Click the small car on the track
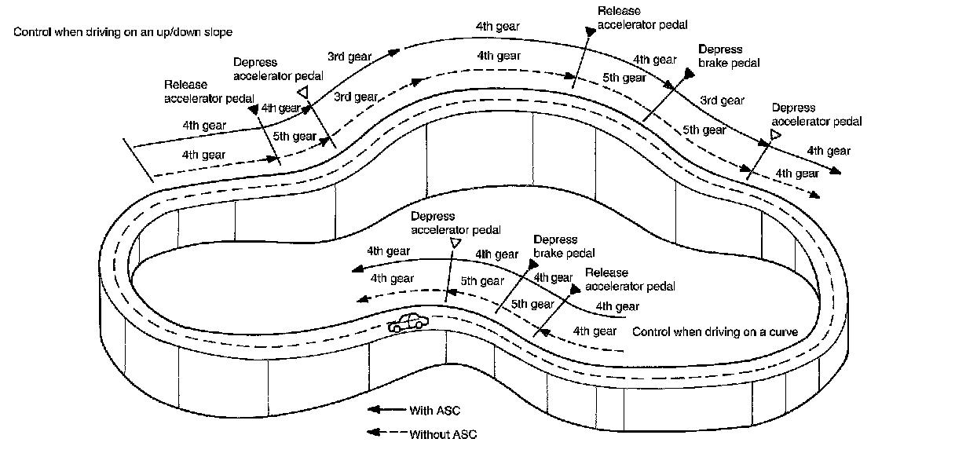click(x=408, y=322)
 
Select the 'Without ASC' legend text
click(x=443, y=434)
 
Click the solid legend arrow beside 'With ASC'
click(x=386, y=410)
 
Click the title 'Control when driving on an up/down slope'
click(x=123, y=32)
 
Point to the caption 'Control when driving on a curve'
click(x=715, y=332)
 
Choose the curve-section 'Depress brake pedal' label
click(x=564, y=247)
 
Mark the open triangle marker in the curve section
click(x=453, y=244)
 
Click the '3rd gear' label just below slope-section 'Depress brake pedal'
click(x=722, y=101)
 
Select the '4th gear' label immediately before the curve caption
click(x=595, y=331)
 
